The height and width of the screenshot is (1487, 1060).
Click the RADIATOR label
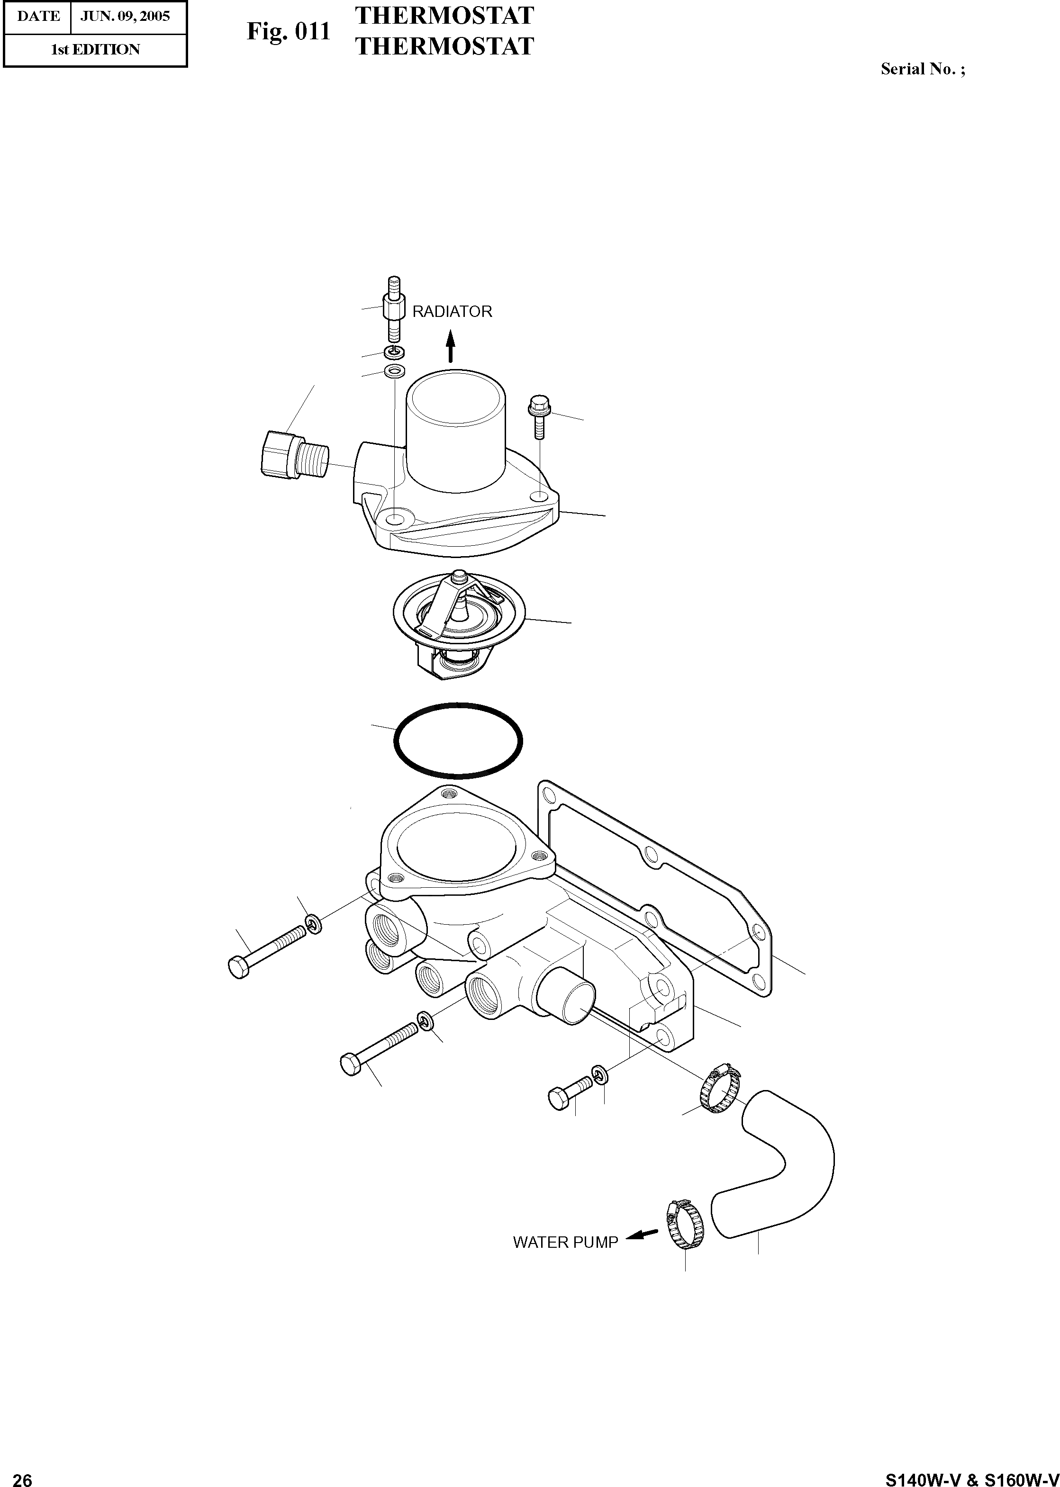(452, 312)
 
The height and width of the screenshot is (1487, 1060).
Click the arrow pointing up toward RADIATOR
(450, 346)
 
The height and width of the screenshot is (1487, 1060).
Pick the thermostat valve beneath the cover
(459, 620)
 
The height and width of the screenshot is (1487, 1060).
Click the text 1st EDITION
(95, 50)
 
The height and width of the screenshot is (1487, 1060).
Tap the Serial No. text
(922, 69)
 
